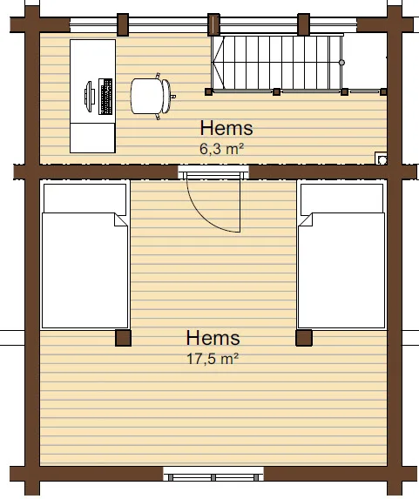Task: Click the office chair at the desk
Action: coord(152,96)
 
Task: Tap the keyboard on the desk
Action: coord(105,97)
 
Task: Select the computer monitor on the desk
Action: coord(90,97)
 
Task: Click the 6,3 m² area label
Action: coord(221,149)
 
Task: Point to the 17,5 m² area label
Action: coord(213,359)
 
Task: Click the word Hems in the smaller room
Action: coord(226,128)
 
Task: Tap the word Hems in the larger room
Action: coord(213,338)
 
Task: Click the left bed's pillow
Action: coord(85,199)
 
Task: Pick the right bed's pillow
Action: coord(342,199)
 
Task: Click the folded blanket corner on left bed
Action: coord(121,220)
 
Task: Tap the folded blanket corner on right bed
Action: coord(306,220)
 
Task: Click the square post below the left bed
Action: coord(123,338)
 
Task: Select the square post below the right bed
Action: coord(304,338)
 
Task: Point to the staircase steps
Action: coord(277,63)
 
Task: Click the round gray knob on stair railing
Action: coord(341,63)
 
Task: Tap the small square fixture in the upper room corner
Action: coord(382,158)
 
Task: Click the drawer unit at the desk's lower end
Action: coord(92,138)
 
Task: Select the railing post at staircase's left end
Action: coord(208,92)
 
